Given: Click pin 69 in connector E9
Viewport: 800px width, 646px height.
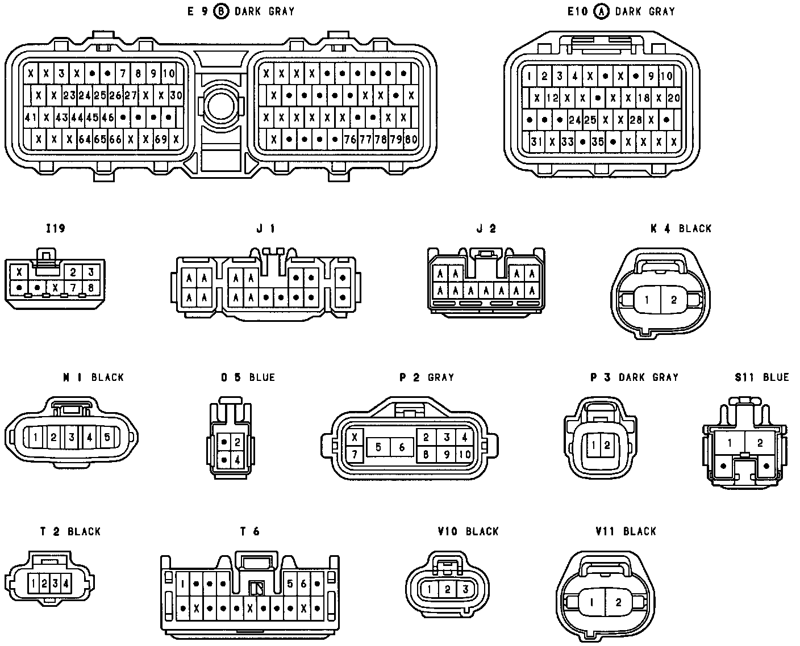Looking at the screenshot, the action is tap(161, 139).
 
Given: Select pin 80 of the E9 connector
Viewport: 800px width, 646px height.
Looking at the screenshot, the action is tap(411, 139).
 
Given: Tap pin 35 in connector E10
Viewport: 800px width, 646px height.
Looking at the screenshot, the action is tap(597, 141).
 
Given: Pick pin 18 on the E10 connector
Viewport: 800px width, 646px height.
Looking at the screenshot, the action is tap(643, 98).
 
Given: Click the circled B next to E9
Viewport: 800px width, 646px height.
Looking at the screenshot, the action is tap(221, 11).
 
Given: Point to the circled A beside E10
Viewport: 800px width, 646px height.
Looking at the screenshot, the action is tap(601, 11).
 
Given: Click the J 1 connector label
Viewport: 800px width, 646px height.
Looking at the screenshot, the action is tap(266, 228).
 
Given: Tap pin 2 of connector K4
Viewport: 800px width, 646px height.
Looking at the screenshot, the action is tap(673, 300).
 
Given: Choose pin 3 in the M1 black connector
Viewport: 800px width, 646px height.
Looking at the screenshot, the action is tap(72, 437).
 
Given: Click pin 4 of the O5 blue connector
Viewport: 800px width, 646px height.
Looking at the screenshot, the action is tap(237, 459).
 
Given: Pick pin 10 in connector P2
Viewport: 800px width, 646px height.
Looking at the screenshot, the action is tap(465, 454).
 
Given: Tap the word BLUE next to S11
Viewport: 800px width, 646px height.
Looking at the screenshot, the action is tap(776, 377).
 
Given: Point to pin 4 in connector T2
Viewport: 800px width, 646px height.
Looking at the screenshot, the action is tap(66, 582).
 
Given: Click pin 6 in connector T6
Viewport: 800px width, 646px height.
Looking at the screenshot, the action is tap(303, 584).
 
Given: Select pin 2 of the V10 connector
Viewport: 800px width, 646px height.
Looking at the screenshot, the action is tap(447, 589).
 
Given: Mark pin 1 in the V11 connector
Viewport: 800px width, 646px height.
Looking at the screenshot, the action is tap(591, 602).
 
